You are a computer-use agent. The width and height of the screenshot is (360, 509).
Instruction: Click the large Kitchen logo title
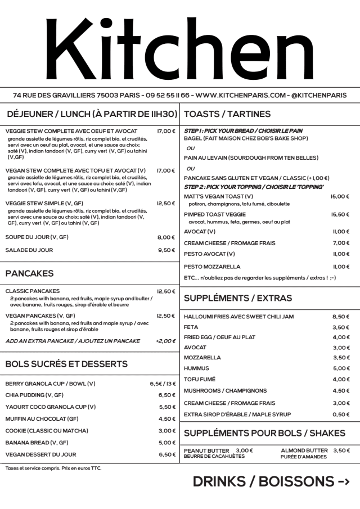point(180,48)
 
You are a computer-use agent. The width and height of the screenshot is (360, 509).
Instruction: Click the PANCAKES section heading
point(29,273)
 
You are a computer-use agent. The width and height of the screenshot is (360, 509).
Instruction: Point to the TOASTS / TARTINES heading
point(227,114)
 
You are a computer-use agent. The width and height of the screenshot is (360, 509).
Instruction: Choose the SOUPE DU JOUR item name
point(37,237)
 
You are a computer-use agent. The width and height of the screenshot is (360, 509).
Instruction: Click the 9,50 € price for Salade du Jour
point(166,250)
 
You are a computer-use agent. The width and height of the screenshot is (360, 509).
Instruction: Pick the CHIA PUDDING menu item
point(34,395)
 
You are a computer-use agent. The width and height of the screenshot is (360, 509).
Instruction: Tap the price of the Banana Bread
point(167,443)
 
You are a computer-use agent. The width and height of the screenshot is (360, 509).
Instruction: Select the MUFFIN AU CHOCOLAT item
point(42,419)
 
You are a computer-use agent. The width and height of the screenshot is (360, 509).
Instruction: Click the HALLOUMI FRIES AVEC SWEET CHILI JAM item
point(238,317)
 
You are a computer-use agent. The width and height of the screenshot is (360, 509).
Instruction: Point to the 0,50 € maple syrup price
point(341,415)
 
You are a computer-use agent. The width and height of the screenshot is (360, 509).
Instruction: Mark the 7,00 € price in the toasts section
point(341,243)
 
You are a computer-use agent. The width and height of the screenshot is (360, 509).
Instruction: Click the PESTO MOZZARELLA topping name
point(212,267)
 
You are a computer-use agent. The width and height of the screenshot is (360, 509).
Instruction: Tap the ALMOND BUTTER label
point(304,451)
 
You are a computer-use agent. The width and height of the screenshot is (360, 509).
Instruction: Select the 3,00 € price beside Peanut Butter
point(244,451)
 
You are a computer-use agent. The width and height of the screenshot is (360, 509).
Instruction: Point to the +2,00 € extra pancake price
point(165,341)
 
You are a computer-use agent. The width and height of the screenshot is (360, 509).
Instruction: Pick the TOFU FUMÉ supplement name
point(200,379)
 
